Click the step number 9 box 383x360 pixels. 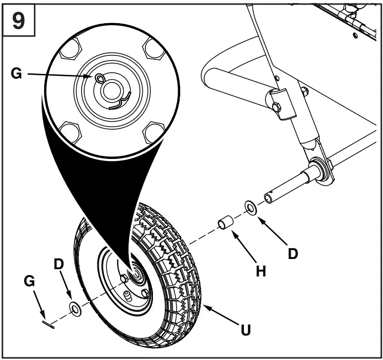[17, 22]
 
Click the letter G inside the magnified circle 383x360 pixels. [16, 74]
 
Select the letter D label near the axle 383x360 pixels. [292, 253]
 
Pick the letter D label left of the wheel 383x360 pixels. [59, 265]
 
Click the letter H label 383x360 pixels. [261, 271]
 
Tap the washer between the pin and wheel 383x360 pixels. [75, 309]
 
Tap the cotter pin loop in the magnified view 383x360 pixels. [99, 77]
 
